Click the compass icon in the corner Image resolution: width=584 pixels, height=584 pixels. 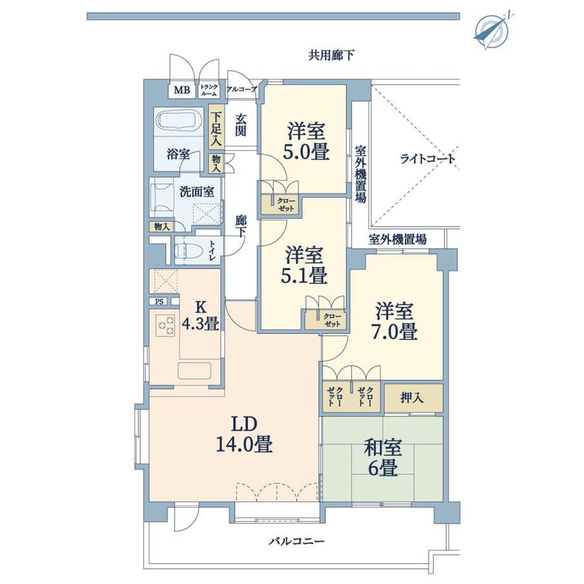[493, 29]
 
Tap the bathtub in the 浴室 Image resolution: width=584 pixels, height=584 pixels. [179, 121]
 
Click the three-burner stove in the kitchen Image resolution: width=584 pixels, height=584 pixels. [166, 325]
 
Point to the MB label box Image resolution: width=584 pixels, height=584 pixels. [182, 90]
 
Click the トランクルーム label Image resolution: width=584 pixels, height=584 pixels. [209, 90]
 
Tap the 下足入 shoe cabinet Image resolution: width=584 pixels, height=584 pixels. [216, 129]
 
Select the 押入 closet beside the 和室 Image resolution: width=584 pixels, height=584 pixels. [413, 398]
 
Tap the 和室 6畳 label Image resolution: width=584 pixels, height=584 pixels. [383, 458]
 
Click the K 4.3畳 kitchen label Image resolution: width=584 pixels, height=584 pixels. [201, 316]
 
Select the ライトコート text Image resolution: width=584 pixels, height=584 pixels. [428, 159]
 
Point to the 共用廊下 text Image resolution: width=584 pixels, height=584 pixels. [331, 56]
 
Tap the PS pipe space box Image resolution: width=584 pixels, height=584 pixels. [159, 302]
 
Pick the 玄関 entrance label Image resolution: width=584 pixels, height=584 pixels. [241, 125]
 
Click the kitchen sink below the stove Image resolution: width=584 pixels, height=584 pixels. [194, 371]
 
